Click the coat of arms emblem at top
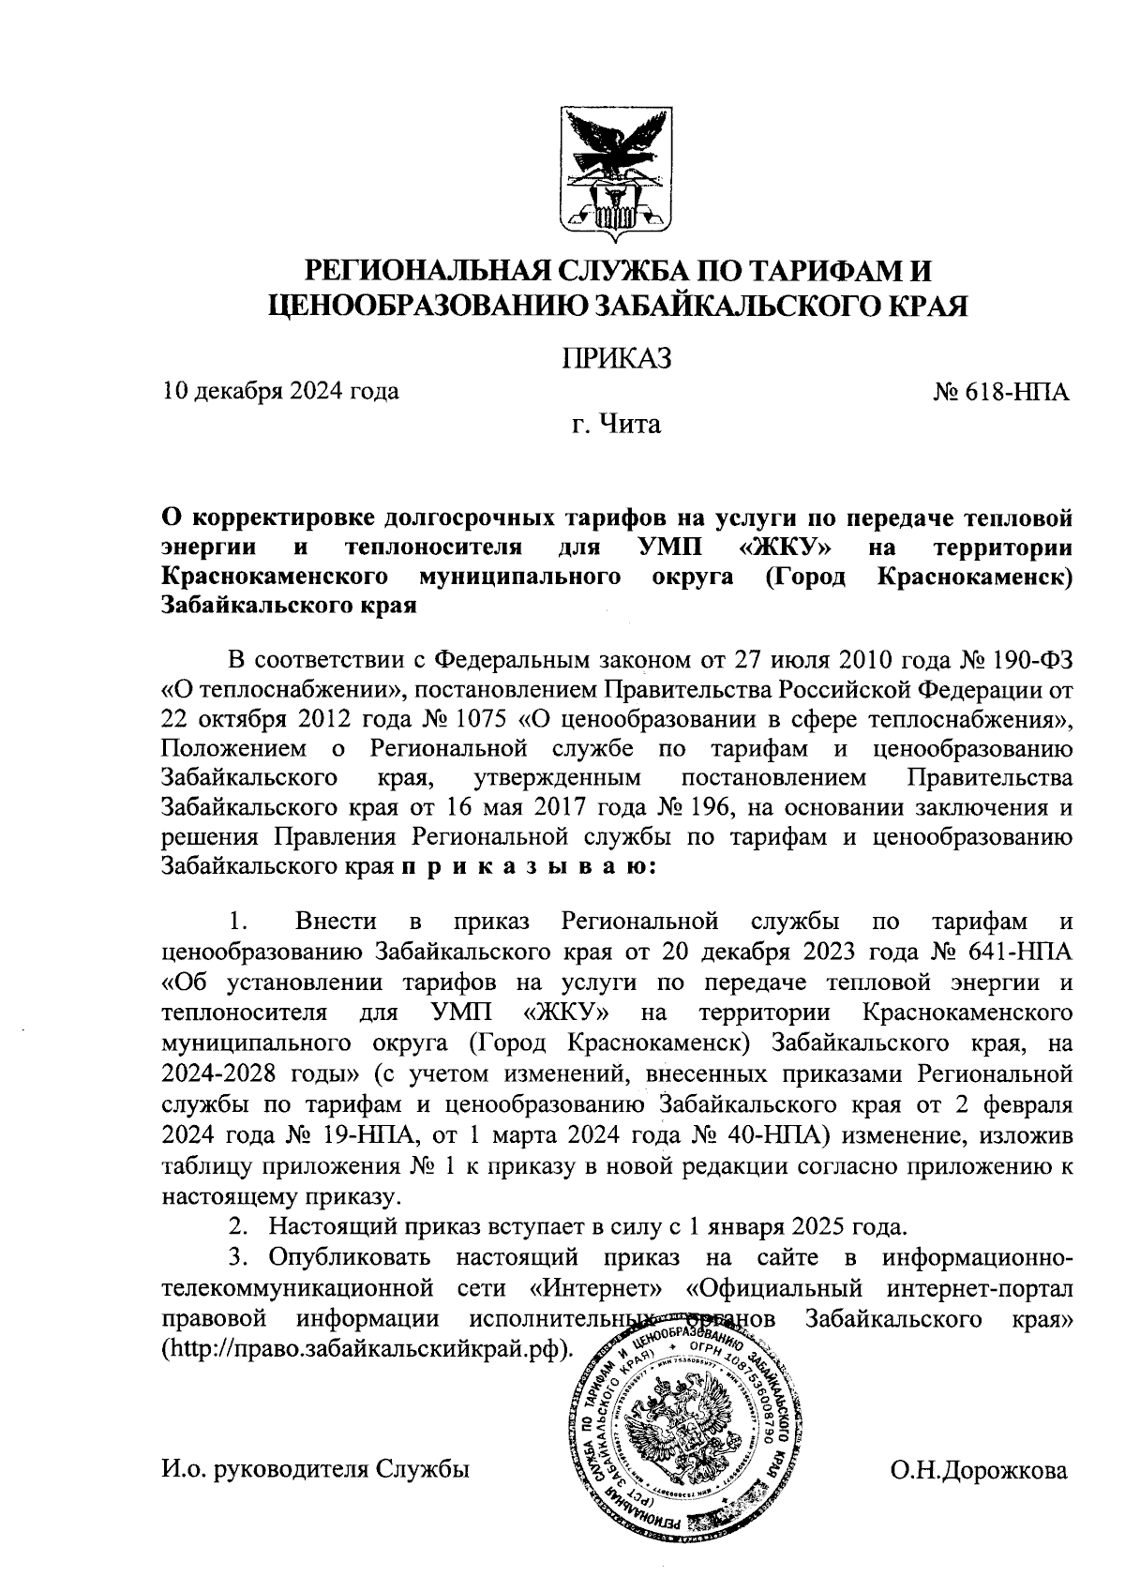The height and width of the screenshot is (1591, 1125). click(616, 175)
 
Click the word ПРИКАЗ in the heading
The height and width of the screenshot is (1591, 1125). click(617, 358)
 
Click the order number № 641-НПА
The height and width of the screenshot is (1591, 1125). click(1000, 953)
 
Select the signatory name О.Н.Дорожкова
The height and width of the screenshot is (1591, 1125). click(979, 1470)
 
